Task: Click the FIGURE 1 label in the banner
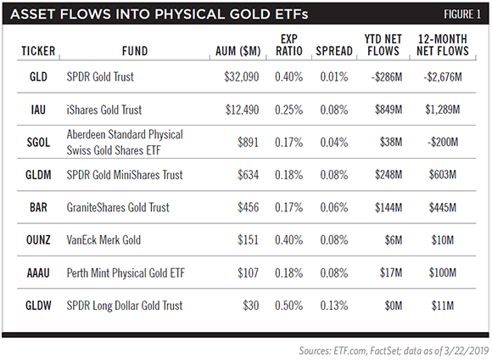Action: click(x=461, y=14)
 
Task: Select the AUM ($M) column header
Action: click(x=238, y=51)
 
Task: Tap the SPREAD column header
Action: click(x=334, y=51)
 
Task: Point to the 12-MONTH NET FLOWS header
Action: click(x=443, y=45)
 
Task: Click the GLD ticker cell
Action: click(x=38, y=76)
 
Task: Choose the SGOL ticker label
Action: click(x=38, y=143)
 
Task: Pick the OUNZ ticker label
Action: click(x=38, y=240)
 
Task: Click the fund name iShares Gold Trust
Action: click(x=104, y=110)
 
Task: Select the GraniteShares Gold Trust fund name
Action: click(x=118, y=207)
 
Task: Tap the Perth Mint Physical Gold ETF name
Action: click(x=126, y=273)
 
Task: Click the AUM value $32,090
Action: click(x=242, y=77)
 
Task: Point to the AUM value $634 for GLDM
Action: click(x=249, y=175)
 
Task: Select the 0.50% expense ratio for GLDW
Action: click(x=289, y=306)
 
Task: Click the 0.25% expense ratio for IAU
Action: click(x=289, y=110)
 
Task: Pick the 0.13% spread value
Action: click(x=334, y=306)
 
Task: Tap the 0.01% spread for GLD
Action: click(x=334, y=76)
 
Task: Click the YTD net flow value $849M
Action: click(x=389, y=110)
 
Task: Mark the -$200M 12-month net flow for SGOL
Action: click(x=443, y=143)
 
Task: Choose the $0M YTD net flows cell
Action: click(x=394, y=306)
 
